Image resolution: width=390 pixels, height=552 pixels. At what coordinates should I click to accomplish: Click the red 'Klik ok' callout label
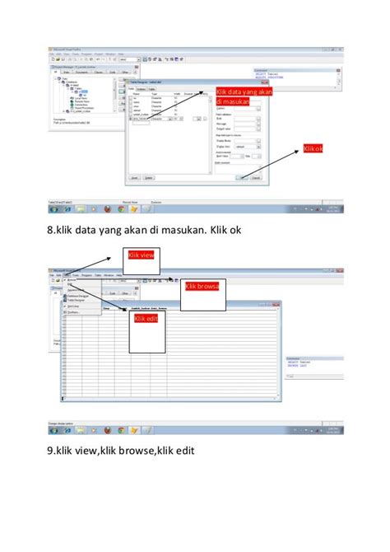pyautogui.click(x=313, y=149)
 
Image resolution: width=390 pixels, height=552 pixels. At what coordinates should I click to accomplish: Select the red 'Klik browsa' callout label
pyautogui.click(x=201, y=287)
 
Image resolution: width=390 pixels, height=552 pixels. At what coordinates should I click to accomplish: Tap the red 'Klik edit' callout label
pyautogui.click(x=146, y=319)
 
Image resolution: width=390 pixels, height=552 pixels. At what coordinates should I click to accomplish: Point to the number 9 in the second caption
pyautogui.click(x=51, y=451)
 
